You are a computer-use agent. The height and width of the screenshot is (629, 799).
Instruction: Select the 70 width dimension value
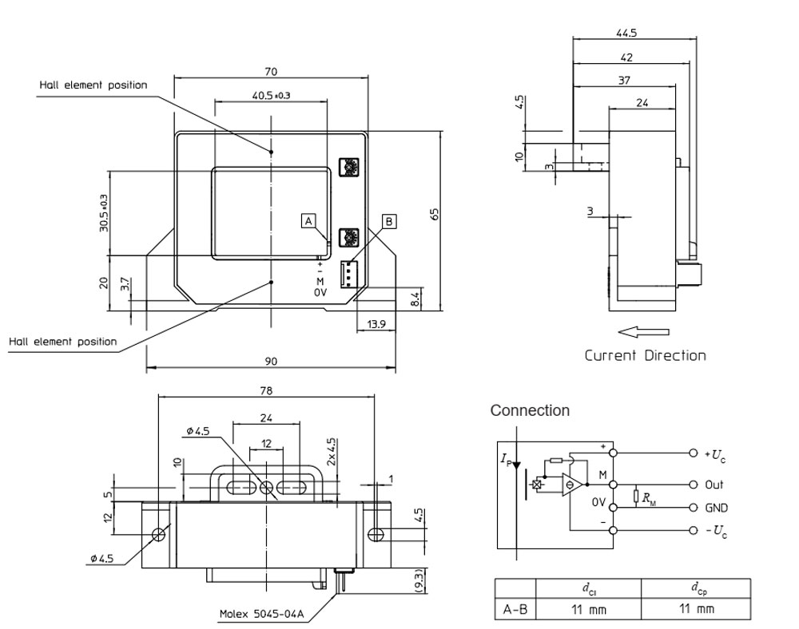pyautogui.click(x=272, y=70)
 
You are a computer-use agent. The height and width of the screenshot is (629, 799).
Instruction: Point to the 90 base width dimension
pyautogui.click(x=271, y=362)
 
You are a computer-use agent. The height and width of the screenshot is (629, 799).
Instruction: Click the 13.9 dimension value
pyautogui.click(x=376, y=324)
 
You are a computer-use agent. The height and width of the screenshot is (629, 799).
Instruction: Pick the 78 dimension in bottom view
pyautogui.click(x=267, y=391)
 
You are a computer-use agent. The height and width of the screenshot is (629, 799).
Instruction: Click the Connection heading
pyautogui.click(x=530, y=410)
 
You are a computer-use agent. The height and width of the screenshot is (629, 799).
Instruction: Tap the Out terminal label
pyautogui.click(x=714, y=485)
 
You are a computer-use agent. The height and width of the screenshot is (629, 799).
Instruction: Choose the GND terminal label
pyautogui.click(x=716, y=508)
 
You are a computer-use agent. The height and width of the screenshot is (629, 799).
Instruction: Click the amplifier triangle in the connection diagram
pyautogui.click(x=570, y=485)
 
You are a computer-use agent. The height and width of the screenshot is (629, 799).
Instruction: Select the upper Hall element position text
pyautogui.click(x=93, y=85)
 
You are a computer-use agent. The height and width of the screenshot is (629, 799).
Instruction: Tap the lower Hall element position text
pyautogui.click(x=63, y=342)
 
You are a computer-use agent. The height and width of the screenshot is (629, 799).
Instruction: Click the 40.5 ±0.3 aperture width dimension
pyautogui.click(x=271, y=95)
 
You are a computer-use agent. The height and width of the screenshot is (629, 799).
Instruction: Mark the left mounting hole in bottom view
pyautogui.click(x=159, y=534)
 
